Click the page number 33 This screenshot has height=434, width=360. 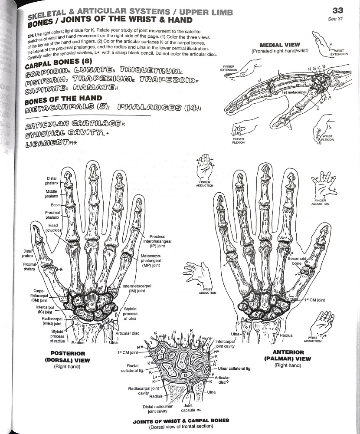point(338,10)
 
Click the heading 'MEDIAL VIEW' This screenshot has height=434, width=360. point(278,45)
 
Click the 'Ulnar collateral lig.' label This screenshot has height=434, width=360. point(236,368)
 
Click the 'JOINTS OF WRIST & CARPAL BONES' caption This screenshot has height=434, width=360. point(182,421)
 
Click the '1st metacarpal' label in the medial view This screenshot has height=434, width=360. point(294,92)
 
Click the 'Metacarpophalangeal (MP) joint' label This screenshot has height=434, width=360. point(152,260)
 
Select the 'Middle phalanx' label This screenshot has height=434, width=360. point(52,194)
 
